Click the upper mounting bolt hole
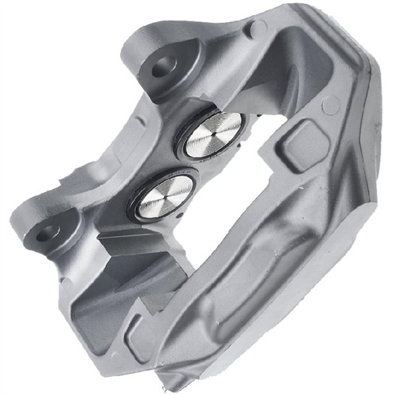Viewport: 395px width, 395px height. point(163,67)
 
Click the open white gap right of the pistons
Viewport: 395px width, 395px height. point(237,190)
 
